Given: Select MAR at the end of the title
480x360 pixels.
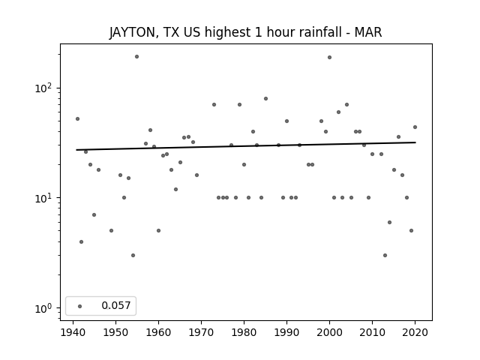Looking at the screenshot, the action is tap(368, 32).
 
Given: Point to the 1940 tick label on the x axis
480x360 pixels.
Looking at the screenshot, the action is tap(73, 332).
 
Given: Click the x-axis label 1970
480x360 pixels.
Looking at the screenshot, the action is tap(201, 332).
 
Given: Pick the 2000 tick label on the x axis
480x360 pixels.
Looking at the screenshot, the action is tap(329, 332).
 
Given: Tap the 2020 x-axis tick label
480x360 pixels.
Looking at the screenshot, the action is tap(415, 332).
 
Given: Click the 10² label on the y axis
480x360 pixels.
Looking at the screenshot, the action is tap(43, 88).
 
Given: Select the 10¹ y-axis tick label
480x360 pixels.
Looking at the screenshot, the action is tap(43, 198).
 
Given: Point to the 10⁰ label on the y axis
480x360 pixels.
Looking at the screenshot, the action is tap(43, 308).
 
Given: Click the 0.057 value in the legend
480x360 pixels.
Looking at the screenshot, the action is tap(116, 305).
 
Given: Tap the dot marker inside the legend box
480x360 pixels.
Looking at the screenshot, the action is tap(80, 306).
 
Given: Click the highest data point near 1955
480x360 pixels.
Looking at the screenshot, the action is tap(136, 57).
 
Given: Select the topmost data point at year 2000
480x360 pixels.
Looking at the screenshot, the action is tap(329, 57).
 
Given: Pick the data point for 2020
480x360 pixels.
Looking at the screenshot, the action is tap(415, 127).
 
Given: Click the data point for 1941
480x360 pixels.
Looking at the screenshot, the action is tap(77, 118).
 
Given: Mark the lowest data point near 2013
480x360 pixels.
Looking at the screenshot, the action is tap(385, 255).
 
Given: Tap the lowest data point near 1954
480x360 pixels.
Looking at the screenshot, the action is tap(133, 255).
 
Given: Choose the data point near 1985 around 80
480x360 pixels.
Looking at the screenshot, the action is tap(265, 98).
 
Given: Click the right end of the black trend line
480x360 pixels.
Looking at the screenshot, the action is tap(415, 142).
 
